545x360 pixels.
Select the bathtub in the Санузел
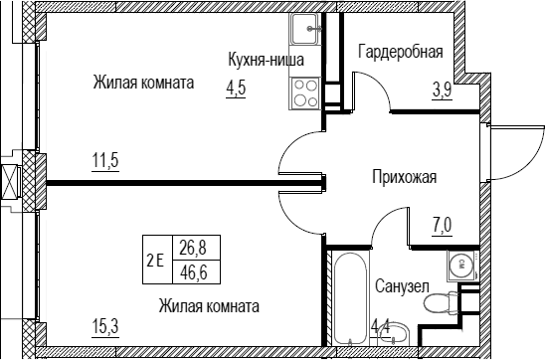(x=350, y=299)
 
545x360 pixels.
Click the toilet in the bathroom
(x=442, y=301)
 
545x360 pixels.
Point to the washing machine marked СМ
(x=461, y=266)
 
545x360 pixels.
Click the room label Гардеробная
(x=401, y=52)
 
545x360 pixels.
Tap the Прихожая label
(x=404, y=177)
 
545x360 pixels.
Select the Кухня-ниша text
(x=266, y=59)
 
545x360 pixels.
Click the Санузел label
(x=402, y=286)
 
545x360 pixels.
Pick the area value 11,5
(x=105, y=160)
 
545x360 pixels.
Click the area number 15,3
(x=105, y=326)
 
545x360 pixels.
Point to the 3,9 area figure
(x=443, y=90)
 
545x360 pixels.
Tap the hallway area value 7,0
(x=443, y=226)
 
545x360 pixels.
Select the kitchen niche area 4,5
(x=236, y=89)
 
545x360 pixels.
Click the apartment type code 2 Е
(x=155, y=261)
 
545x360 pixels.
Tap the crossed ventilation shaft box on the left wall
(x=9, y=182)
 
